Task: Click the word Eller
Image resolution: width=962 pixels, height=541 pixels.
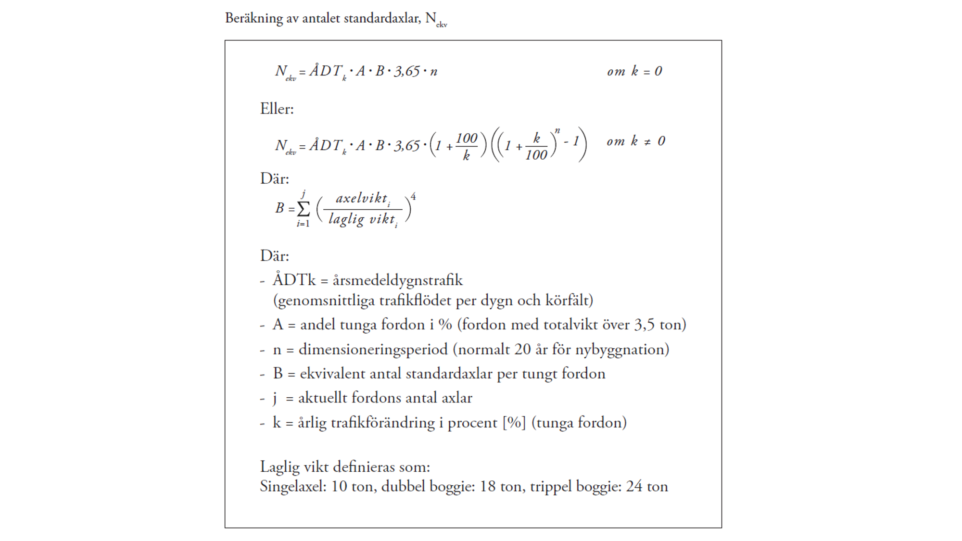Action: (277, 109)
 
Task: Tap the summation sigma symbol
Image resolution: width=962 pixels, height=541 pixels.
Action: (304, 209)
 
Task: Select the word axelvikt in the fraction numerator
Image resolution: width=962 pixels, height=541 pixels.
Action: (361, 198)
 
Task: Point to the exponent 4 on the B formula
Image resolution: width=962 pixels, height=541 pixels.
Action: (413, 197)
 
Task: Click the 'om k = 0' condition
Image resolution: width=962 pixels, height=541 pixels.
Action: (634, 71)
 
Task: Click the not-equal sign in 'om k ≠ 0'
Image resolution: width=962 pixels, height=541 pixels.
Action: (647, 142)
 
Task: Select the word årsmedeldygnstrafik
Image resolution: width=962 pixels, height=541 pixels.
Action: (397, 280)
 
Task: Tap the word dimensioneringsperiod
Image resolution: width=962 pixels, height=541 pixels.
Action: (373, 349)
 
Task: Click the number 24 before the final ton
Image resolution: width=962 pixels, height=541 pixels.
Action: (633, 486)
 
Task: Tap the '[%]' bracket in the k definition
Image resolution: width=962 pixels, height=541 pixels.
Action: (514, 422)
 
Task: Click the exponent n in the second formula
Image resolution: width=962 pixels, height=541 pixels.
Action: (557, 130)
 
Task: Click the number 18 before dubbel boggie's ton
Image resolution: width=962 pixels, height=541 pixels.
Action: (488, 486)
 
